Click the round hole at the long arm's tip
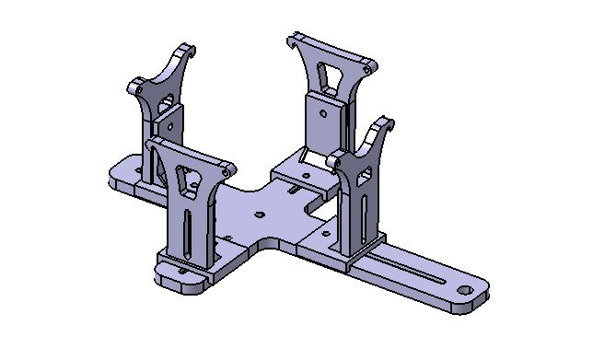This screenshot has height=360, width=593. [464, 289]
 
